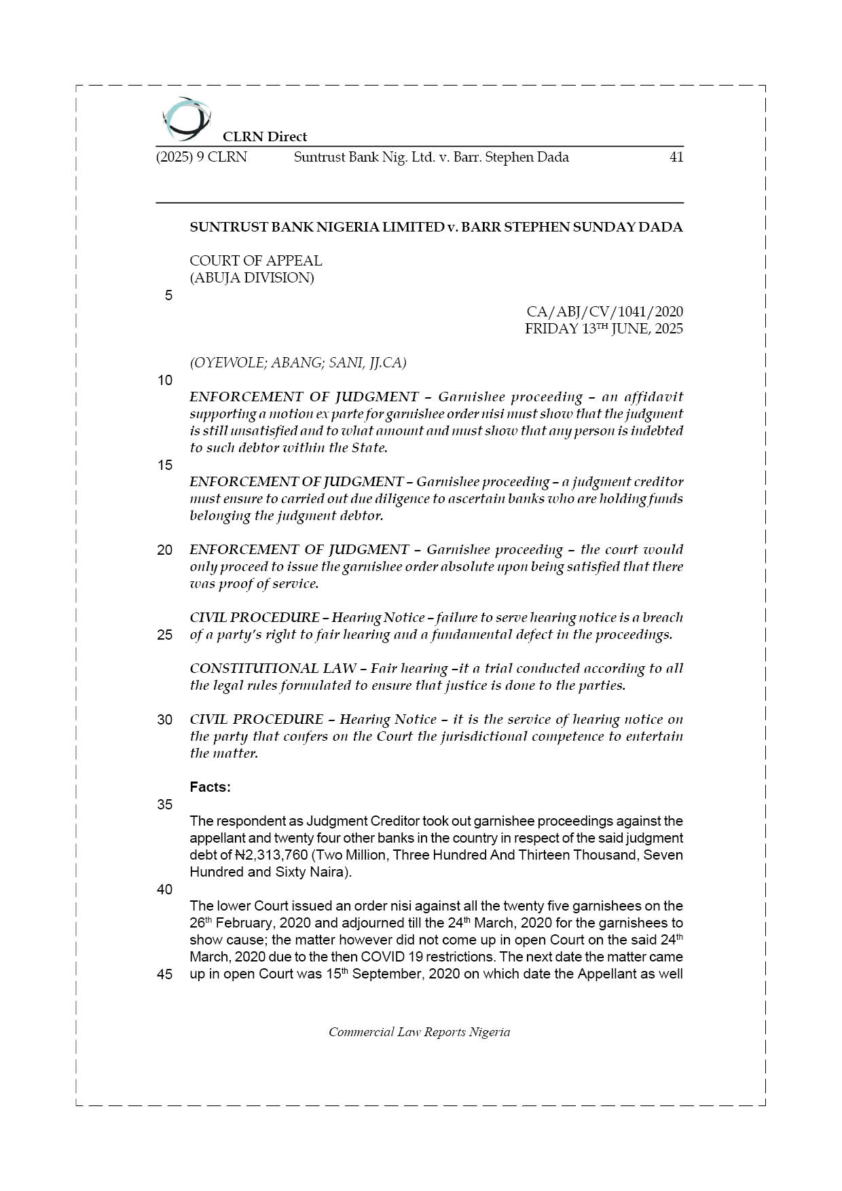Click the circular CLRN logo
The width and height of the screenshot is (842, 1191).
click(x=186, y=120)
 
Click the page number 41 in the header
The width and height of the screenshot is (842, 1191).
click(x=676, y=158)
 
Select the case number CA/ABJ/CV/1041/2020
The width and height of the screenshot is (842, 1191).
click(x=604, y=312)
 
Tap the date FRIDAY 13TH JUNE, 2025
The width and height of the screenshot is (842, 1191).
click(x=604, y=329)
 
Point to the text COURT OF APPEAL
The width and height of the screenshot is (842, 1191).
click(x=255, y=261)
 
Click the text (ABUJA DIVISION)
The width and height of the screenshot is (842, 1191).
click(x=251, y=278)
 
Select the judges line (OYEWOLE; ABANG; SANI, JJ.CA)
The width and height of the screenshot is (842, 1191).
click(x=297, y=363)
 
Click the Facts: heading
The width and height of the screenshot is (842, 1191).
click(x=210, y=787)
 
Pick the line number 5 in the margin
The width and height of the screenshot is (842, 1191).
click(x=168, y=295)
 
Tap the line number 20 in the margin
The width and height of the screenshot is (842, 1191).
click(x=165, y=550)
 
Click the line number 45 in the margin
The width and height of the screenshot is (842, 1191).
click(x=165, y=974)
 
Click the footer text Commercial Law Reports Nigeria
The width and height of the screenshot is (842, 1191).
click(x=419, y=1032)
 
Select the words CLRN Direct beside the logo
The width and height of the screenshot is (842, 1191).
click(x=265, y=136)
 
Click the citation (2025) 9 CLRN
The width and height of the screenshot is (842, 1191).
click(x=201, y=158)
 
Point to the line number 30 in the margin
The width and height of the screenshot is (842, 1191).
click(x=165, y=720)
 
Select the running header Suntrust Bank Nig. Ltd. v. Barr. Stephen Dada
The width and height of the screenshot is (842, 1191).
click(x=431, y=158)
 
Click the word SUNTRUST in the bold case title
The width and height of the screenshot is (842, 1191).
click(x=228, y=227)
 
